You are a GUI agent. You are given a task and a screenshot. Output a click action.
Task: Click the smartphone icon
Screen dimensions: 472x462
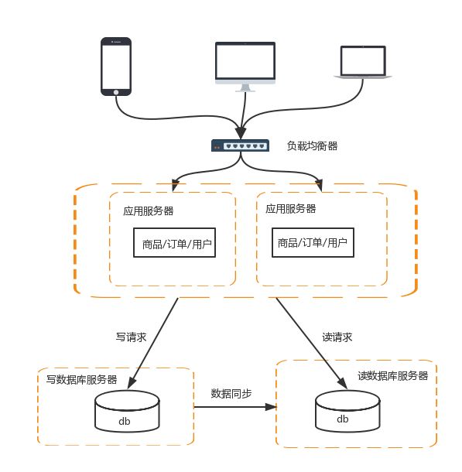[116, 66]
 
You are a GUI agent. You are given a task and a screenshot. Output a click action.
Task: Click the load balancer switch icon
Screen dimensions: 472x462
[241, 145]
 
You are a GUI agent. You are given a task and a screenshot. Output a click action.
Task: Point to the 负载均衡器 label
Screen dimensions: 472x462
[312, 145]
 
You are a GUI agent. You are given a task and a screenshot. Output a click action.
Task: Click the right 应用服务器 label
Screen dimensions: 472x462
[290, 209]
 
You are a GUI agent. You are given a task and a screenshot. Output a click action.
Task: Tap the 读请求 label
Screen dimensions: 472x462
[337, 337]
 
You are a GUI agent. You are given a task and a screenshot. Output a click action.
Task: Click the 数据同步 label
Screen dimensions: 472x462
[231, 393]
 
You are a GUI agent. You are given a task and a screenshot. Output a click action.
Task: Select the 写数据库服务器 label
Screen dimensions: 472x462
[81, 379]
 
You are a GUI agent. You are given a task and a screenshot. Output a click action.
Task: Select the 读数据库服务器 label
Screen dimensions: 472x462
[392, 375]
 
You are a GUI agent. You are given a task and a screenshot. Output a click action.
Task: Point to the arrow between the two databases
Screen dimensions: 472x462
[232, 406]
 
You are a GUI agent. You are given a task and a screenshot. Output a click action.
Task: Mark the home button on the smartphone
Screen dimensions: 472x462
[116, 91]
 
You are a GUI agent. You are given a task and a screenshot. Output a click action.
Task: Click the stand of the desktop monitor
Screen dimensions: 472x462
[245, 87]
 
